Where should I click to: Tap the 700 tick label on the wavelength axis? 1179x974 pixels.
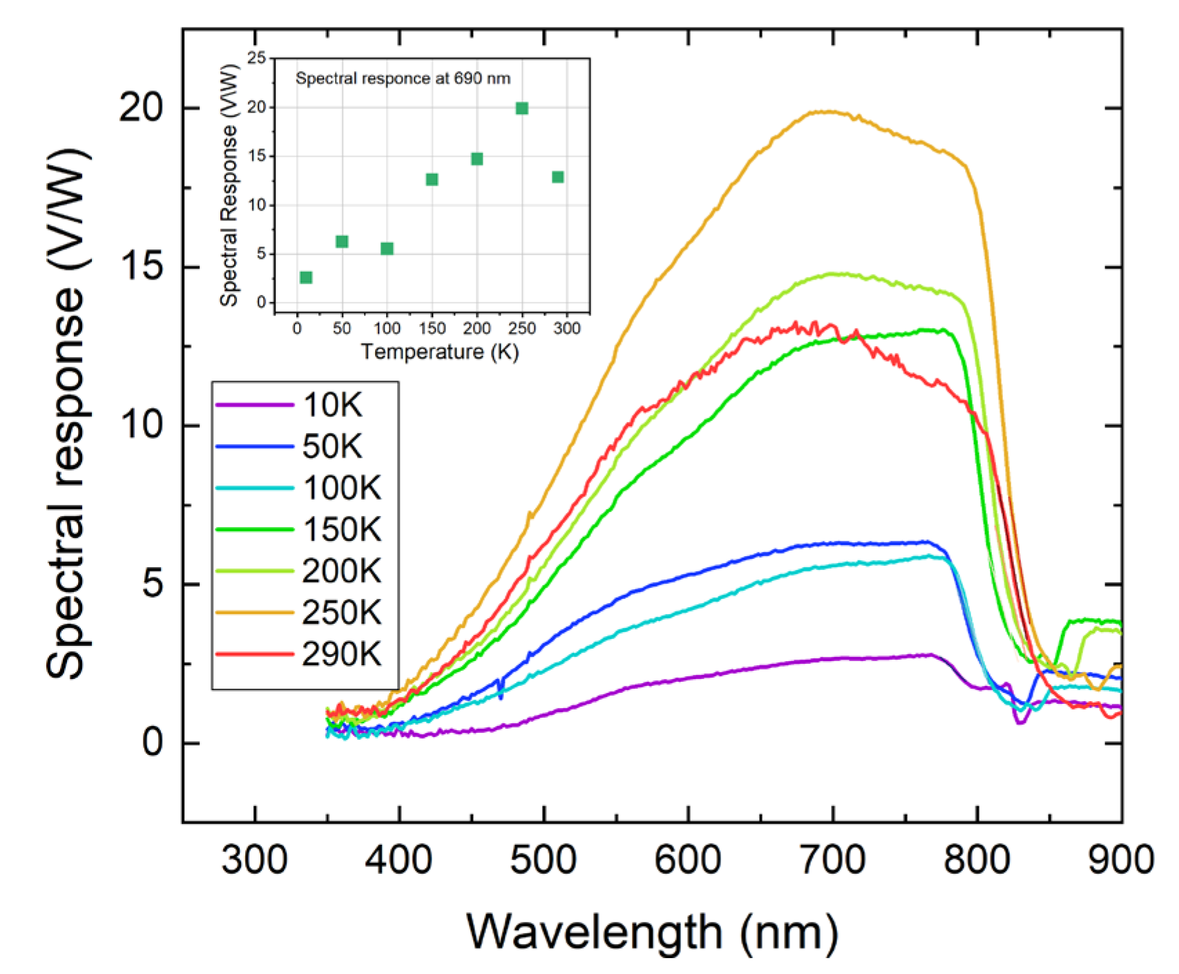click(x=832, y=860)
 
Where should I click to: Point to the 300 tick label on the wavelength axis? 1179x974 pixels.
click(x=254, y=860)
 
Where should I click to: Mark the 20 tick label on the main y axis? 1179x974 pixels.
click(x=141, y=108)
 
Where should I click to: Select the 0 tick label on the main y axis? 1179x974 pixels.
click(x=152, y=743)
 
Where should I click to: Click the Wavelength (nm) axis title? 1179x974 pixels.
click(x=652, y=932)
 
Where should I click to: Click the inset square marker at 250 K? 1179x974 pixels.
click(x=522, y=108)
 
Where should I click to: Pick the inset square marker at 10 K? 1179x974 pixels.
click(x=306, y=278)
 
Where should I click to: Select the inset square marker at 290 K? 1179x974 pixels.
click(x=558, y=178)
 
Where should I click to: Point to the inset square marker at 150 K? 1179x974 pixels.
click(x=432, y=180)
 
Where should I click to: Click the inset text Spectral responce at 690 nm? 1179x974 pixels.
click(x=403, y=79)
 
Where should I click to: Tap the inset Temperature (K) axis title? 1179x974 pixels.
click(x=439, y=352)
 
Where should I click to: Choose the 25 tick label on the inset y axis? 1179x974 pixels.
click(x=256, y=59)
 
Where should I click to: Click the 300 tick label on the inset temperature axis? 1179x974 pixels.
click(x=566, y=328)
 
